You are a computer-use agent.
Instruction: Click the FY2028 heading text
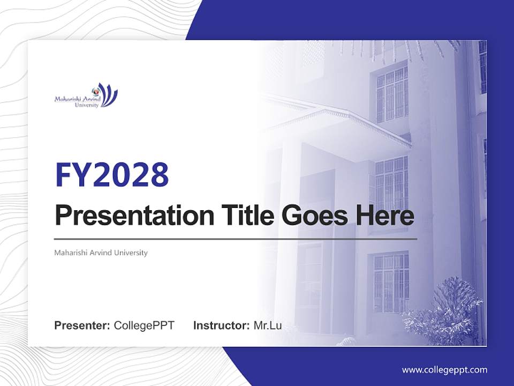[x=112, y=175]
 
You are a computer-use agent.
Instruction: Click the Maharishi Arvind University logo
[x=86, y=96]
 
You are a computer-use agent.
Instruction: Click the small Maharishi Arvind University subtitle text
[x=101, y=253]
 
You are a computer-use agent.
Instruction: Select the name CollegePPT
[x=144, y=325]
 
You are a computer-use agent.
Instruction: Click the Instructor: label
[x=221, y=325]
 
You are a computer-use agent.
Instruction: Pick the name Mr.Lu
[x=268, y=325]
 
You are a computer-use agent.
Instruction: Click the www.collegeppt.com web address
[x=444, y=370]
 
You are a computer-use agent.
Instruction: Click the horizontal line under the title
[x=236, y=239]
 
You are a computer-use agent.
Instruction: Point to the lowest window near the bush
[x=391, y=281]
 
